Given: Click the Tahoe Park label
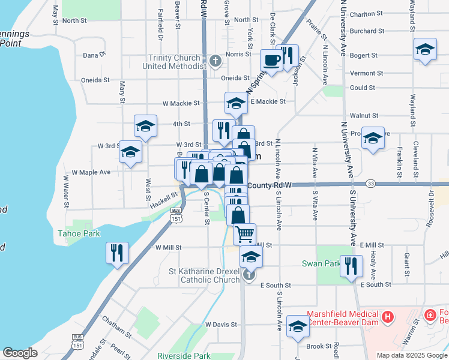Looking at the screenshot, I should [x=79, y=233].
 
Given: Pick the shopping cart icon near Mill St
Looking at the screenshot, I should [x=244, y=233].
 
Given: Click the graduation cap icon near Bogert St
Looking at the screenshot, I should [x=425, y=50].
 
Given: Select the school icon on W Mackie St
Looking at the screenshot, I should [x=236, y=103].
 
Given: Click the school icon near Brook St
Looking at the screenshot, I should [x=297, y=326].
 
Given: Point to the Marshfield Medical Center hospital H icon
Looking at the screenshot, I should [x=388, y=316].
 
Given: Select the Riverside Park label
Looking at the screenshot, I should [x=184, y=356].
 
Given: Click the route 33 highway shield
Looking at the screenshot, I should [x=370, y=183].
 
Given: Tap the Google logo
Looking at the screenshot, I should [x=20, y=353].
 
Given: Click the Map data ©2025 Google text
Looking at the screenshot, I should [x=411, y=355].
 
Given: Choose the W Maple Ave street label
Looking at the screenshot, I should [x=91, y=172].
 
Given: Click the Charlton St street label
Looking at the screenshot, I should [x=367, y=13].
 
